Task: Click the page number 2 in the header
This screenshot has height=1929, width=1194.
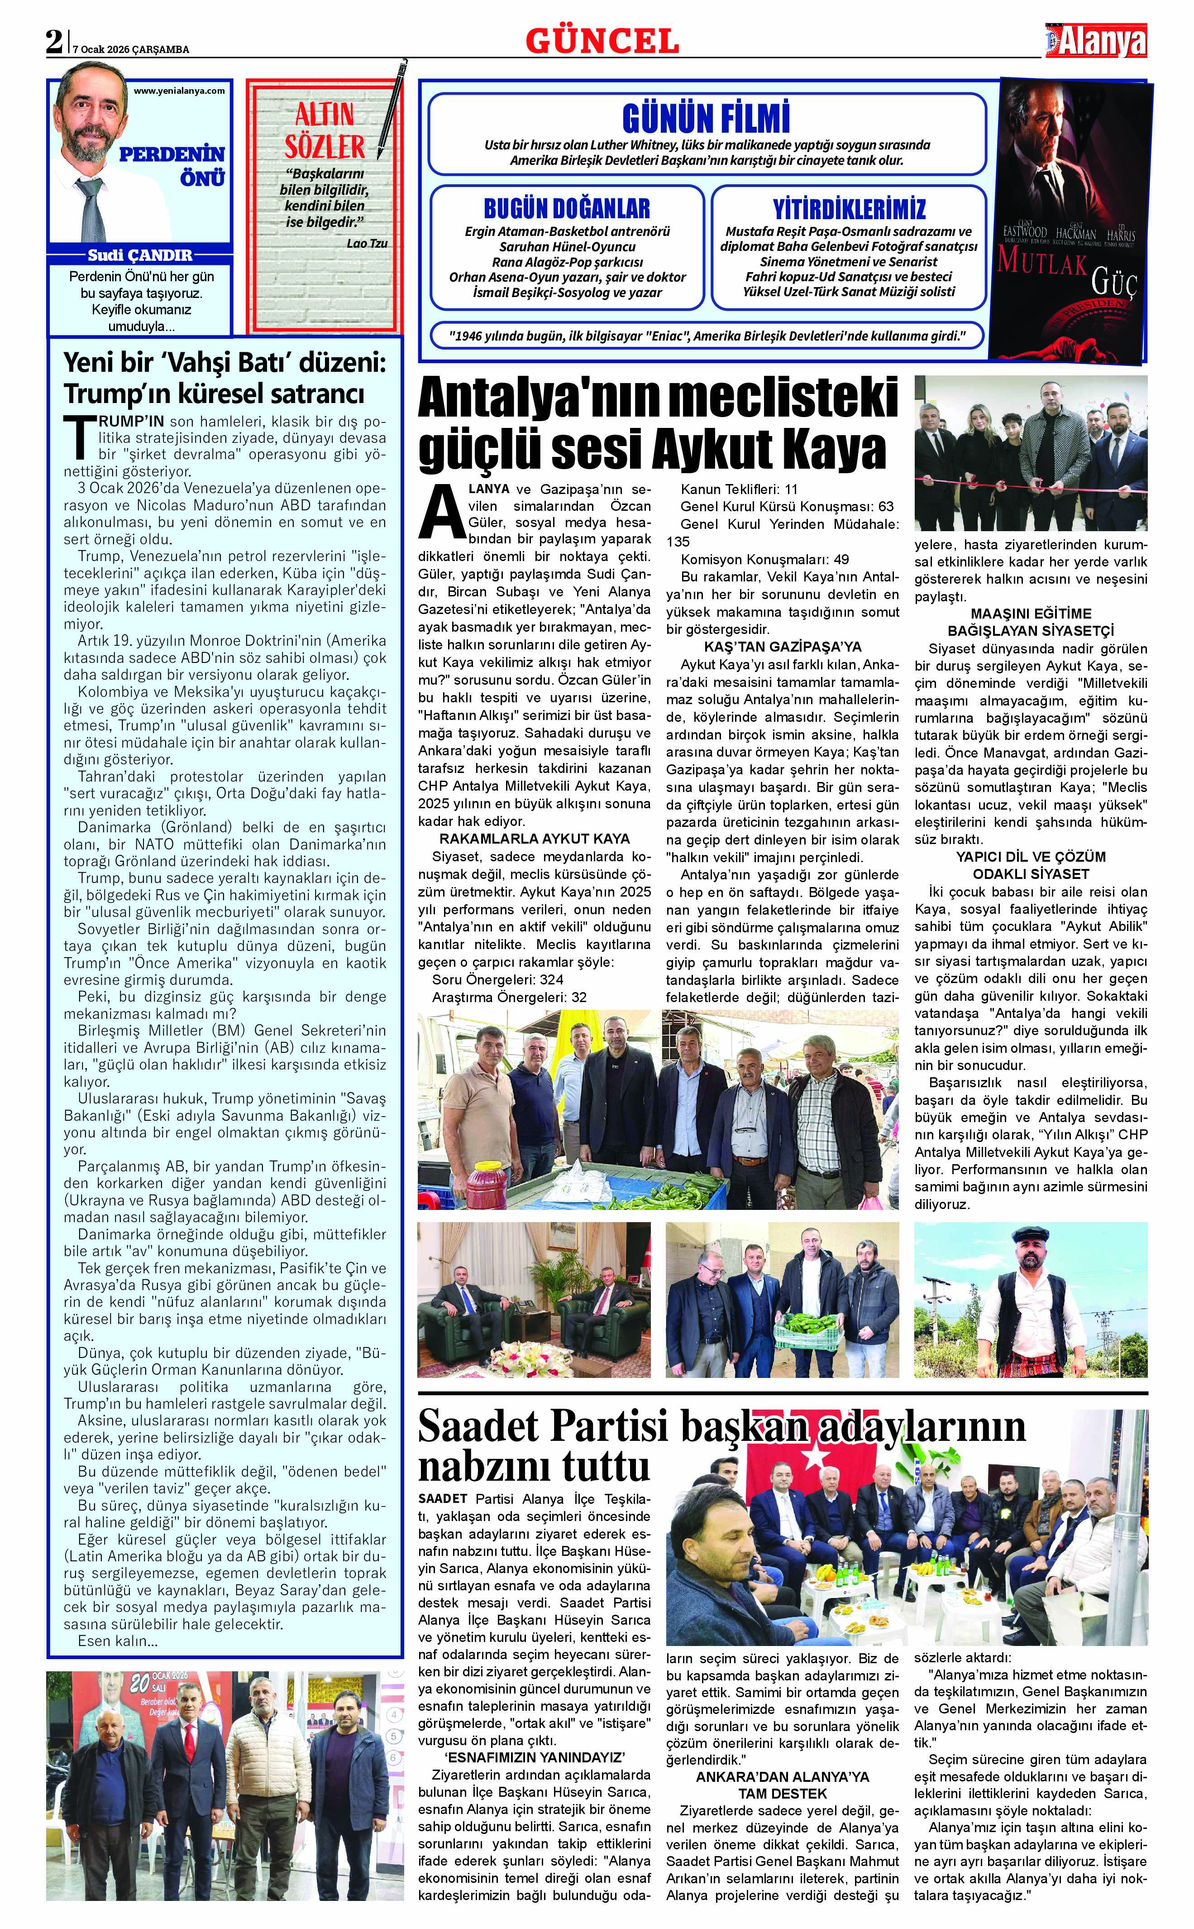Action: pos(54,42)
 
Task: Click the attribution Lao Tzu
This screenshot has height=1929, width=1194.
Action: pos(367,243)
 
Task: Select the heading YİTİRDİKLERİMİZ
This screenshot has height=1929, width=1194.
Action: pos(849,209)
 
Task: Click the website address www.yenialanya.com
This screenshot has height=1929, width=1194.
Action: pos(179,91)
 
